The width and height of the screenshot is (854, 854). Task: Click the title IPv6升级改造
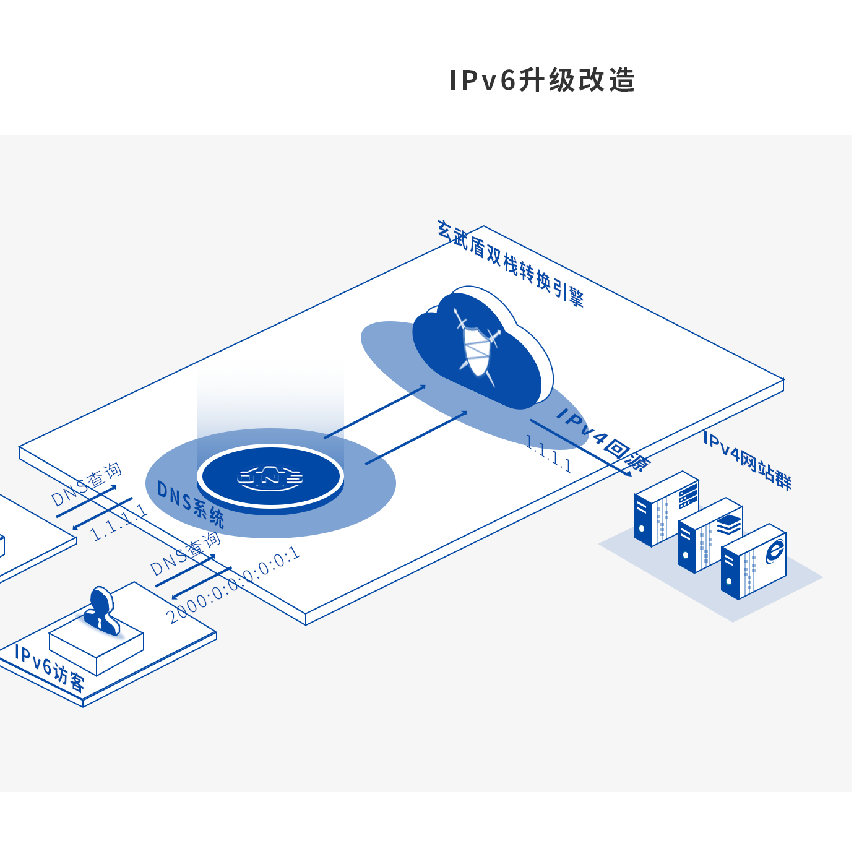[x=542, y=80]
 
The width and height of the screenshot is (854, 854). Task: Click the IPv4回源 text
[x=603, y=439]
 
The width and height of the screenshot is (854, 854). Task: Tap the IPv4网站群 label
[x=748, y=460]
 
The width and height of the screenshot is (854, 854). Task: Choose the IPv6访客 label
[x=50, y=668]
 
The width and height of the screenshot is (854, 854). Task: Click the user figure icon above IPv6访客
[x=101, y=610]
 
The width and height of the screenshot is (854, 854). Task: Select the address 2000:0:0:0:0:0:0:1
[x=233, y=585]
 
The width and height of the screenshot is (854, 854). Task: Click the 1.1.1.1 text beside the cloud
[x=548, y=454]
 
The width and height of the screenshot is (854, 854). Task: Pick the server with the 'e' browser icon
[x=754, y=562]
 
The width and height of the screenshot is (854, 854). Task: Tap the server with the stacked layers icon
[x=710, y=535]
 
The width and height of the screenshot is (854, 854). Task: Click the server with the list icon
[x=667, y=509]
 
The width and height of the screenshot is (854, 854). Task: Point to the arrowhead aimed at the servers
[x=627, y=473]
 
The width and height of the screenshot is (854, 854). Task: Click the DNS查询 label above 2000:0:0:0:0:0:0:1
[x=186, y=553]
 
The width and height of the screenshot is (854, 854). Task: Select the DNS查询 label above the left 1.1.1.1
[x=87, y=484]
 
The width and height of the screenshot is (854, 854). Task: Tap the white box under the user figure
[x=97, y=650]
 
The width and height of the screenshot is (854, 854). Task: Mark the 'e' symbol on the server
[x=774, y=550]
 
